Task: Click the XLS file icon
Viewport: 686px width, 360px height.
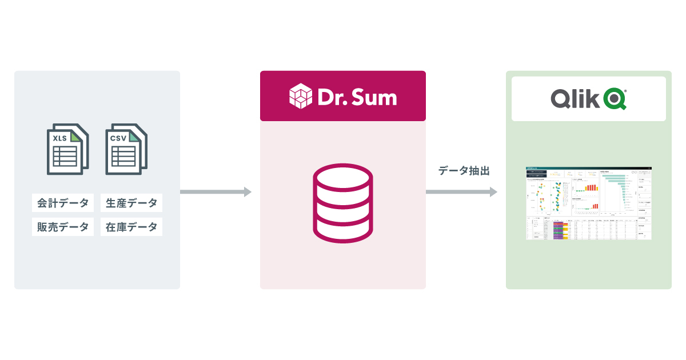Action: tap(67, 149)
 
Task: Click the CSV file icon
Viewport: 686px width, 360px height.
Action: tap(126, 149)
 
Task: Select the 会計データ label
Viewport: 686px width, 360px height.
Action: tap(63, 203)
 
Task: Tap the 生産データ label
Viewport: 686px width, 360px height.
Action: tap(131, 203)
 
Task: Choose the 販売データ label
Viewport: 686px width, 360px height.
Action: tap(63, 227)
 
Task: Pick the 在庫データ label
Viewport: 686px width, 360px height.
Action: tap(131, 227)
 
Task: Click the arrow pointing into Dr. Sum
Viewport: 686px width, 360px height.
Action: tap(216, 192)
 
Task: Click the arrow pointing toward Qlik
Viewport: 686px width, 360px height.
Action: tap(461, 192)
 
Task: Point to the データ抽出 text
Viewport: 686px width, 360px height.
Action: tap(464, 170)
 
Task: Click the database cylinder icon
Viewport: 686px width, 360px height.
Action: tap(342, 203)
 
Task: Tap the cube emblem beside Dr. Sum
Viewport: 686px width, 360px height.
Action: tap(301, 96)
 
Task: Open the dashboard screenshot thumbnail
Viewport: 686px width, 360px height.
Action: tap(589, 203)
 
